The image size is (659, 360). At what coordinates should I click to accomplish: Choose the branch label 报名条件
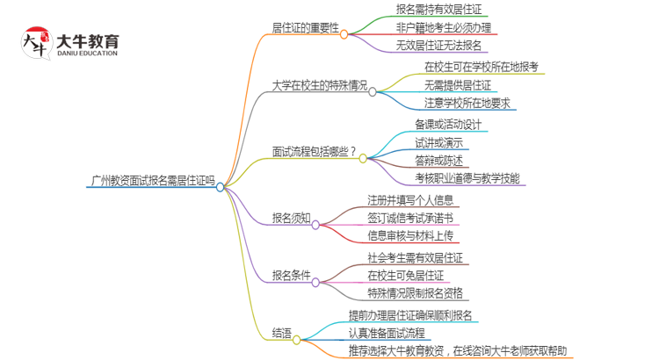coord(292,275)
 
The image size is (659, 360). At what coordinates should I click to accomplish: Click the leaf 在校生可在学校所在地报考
coord(482,67)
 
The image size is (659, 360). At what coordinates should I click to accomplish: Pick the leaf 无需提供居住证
coord(458,85)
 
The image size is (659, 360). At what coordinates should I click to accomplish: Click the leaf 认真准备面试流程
coord(387,333)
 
